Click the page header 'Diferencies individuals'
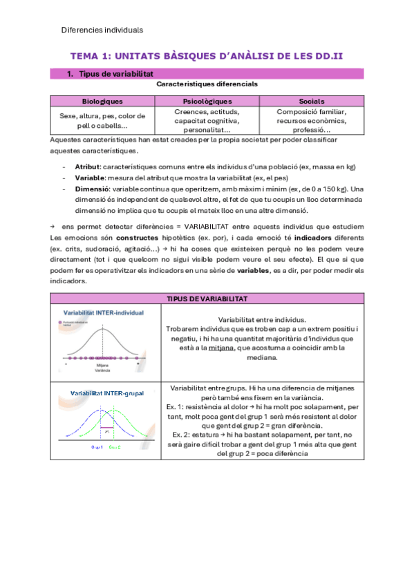[x=102, y=30]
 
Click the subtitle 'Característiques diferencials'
[x=207, y=84]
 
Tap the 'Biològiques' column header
[x=102, y=101]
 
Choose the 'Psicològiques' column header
[x=207, y=101]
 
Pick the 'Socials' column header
[x=311, y=101]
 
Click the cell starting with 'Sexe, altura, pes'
[x=102, y=120]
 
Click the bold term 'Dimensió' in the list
[x=92, y=189]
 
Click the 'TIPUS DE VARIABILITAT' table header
[x=207, y=298]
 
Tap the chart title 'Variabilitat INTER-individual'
[x=104, y=312]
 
